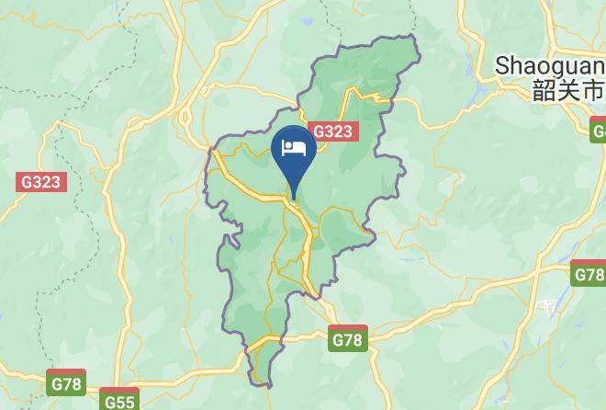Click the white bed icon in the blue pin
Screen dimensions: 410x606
[293, 149]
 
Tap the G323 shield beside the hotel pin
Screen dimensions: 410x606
[332, 131]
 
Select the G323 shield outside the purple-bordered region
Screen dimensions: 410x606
[41, 181]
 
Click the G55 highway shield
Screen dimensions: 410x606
[118, 401]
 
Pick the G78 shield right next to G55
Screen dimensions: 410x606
[66, 383]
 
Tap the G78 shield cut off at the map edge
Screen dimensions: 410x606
[589, 274]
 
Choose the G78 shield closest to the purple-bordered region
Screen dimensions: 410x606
[347, 339]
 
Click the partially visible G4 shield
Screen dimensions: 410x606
[599, 131]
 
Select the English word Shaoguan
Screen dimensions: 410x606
[549, 65]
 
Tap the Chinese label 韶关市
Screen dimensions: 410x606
[568, 90]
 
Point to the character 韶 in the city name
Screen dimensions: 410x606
[544, 90]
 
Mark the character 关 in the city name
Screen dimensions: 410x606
[568, 90]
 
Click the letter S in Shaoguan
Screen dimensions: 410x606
[502, 65]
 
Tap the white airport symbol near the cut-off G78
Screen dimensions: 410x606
[547, 306]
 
